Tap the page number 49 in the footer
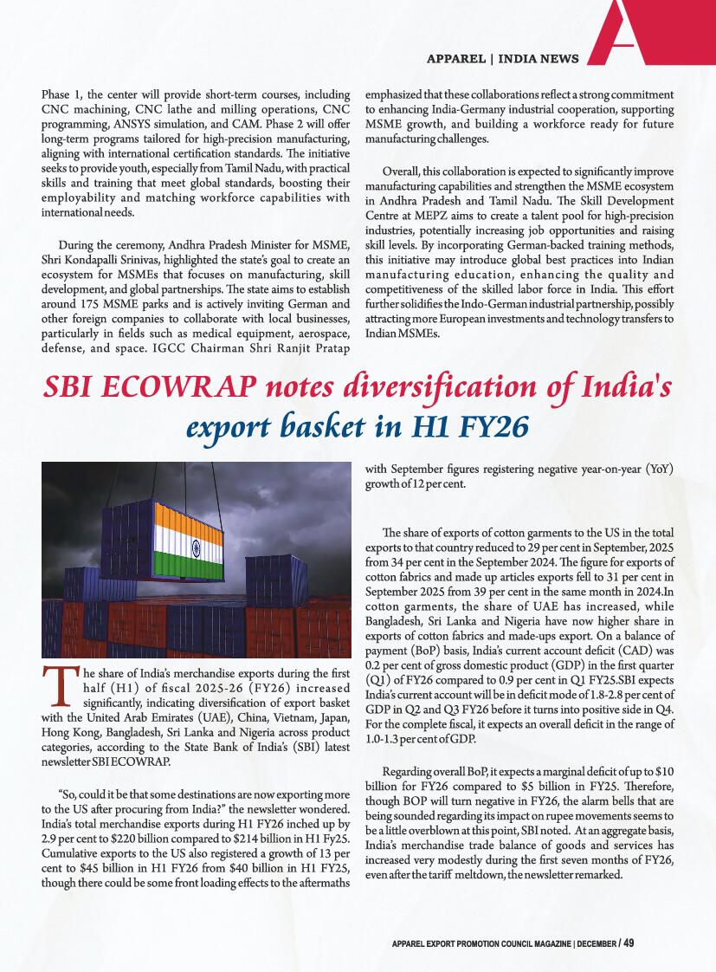(x=629, y=942)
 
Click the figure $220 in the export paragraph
(x=170, y=839)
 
